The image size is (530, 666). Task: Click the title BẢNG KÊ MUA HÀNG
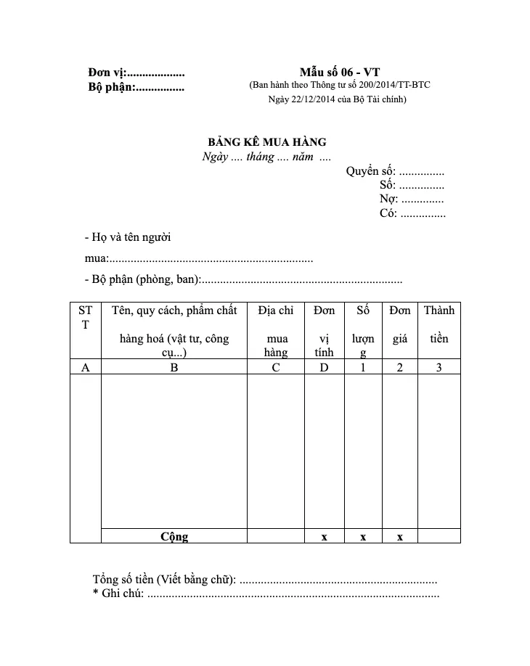click(x=267, y=142)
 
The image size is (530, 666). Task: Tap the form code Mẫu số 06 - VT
click(x=339, y=72)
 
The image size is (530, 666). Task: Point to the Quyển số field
click(x=395, y=171)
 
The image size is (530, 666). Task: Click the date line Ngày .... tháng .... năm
click(x=266, y=157)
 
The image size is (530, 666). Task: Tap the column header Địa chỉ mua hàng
click(x=276, y=331)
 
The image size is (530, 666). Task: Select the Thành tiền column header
click(x=439, y=324)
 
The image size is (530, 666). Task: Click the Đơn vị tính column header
click(x=325, y=331)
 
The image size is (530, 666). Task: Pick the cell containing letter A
click(x=86, y=367)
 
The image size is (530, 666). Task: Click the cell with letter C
click(x=276, y=367)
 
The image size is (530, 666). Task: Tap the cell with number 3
click(x=439, y=367)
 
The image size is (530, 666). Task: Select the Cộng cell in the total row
click(x=174, y=537)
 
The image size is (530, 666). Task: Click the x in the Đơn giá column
click(x=400, y=537)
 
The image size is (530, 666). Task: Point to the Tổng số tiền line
click(x=265, y=580)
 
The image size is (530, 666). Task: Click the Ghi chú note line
click(x=266, y=594)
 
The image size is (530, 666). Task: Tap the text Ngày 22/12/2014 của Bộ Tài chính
click(x=338, y=99)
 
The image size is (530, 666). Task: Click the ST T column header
click(x=86, y=318)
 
